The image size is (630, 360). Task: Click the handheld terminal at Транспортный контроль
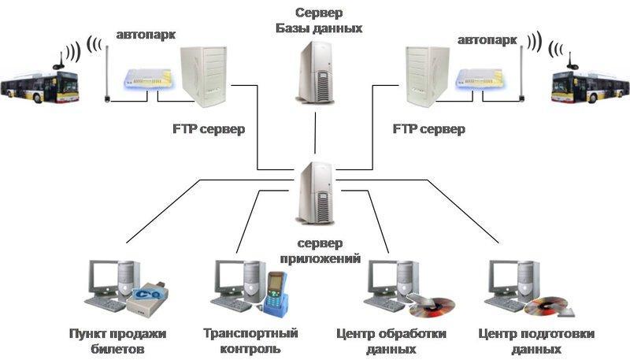click(x=275, y=289)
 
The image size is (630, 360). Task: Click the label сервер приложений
click(x=321, y=251)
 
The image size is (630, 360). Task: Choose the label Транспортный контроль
click(x=240, y=340)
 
